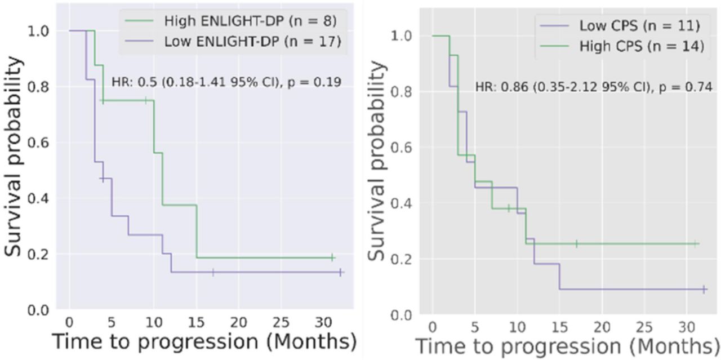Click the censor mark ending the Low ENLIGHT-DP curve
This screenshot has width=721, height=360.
(x=340, y=272)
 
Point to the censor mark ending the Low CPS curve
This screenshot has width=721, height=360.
(x=704, y=289)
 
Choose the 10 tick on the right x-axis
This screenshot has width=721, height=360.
(x=517, y=327)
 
